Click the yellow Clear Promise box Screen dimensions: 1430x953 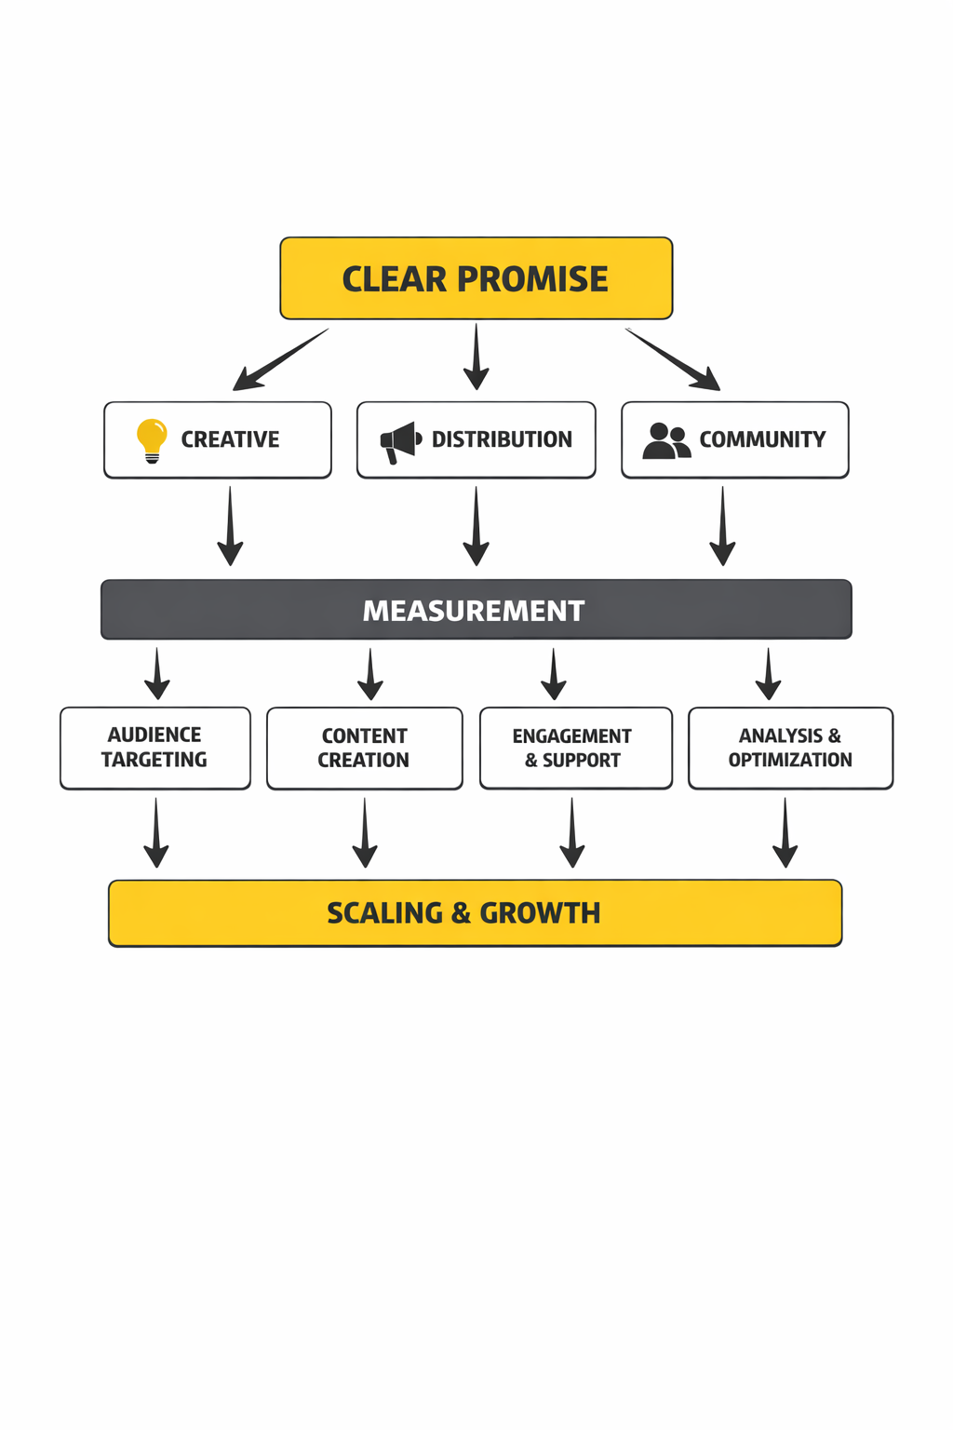point(476,278)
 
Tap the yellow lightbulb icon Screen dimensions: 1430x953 point(152,439)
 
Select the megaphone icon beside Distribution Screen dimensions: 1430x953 point(400,441)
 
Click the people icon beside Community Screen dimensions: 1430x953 point(666,440)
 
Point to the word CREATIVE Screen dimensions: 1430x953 point(230,439)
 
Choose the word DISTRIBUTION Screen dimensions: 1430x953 point(502,439)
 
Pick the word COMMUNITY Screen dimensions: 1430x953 point(762,439)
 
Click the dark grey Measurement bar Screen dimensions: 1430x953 point(476,610)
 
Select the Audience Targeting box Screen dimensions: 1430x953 point(155,748)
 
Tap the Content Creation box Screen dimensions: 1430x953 point(364,748)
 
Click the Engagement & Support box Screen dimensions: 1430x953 point(575,748)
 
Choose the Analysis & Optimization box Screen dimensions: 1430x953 point(790,748)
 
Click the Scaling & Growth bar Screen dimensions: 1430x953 point(475,912)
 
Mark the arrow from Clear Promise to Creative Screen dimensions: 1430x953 point(280,359)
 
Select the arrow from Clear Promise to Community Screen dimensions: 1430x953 point(672,358)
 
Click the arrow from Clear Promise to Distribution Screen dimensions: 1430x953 point(476,357)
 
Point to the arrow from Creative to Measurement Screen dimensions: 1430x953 point(230,526)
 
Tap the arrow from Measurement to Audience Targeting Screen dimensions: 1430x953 point(157,674)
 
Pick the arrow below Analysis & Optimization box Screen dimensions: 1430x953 point(785,832)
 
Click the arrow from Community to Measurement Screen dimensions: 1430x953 point(722,526)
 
